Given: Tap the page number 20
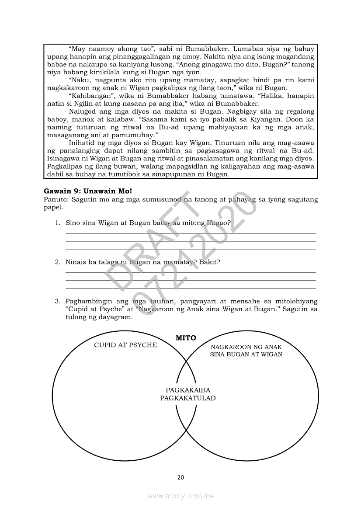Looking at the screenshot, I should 180,477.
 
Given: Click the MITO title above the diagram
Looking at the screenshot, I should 186,337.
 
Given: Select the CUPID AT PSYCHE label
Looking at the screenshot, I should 125,345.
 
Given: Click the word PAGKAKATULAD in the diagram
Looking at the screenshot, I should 188,398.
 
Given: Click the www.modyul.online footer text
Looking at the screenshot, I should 180,496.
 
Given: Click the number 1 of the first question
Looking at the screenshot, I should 57,222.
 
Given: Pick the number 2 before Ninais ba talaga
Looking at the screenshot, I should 57,262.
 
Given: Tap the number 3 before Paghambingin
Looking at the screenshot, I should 57,301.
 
